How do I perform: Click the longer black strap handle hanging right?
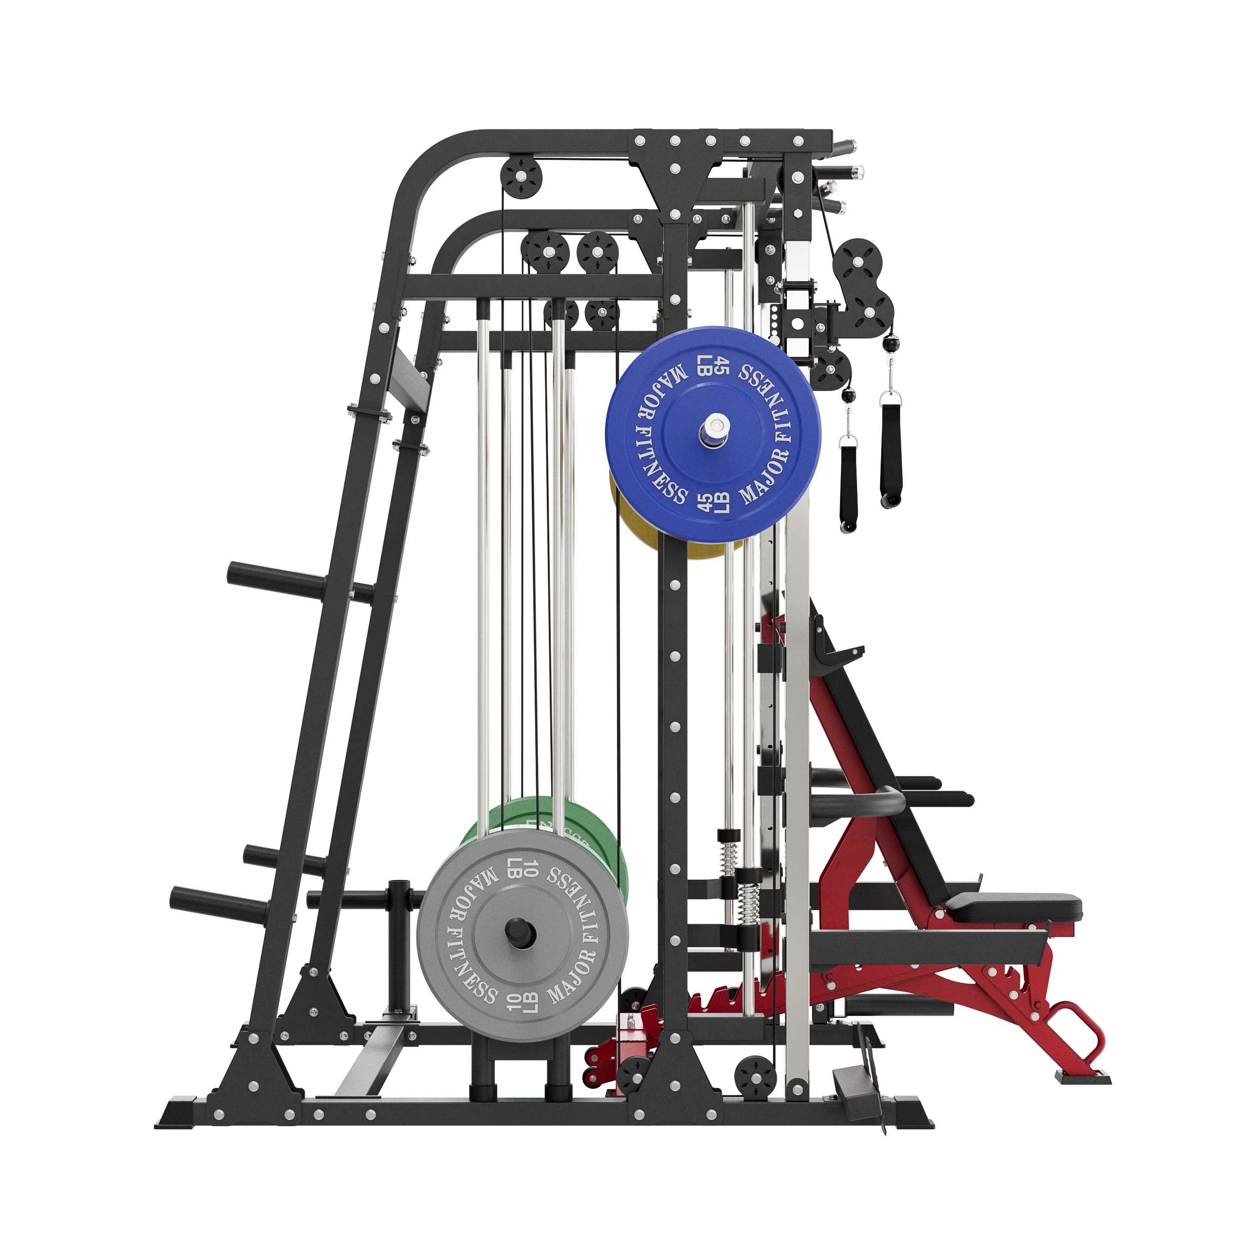(x=891, y=454)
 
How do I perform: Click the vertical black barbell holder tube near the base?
(x=397, y=944)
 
